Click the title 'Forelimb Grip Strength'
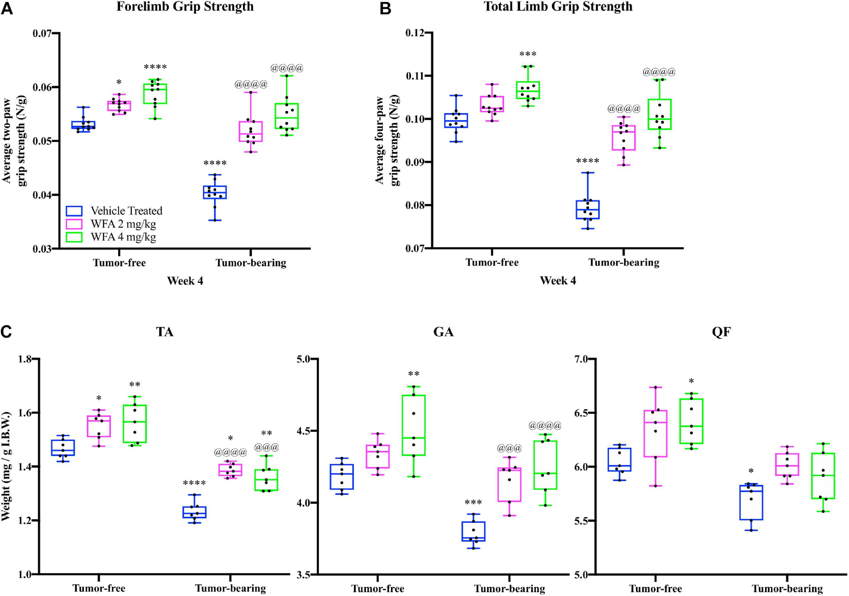[x=185, y=7]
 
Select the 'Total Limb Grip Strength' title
[x=558, y=7]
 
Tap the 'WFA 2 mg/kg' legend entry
[x=123, y=224]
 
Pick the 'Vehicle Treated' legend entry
[x=126, y=211]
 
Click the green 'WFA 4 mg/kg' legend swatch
[x=74, y=237]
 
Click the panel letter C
[x=6, y=332]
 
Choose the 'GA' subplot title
[x=444, y=332]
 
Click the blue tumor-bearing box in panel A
[x=215, y=192]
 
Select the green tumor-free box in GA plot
[x=414, y=425]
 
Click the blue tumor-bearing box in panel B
[x=588, y=210]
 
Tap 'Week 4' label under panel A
[x=185, y=281]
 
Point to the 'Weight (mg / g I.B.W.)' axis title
[x=7, y=466]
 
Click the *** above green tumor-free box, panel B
[x=528, y=55]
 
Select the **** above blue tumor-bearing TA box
[x=194, y=483]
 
